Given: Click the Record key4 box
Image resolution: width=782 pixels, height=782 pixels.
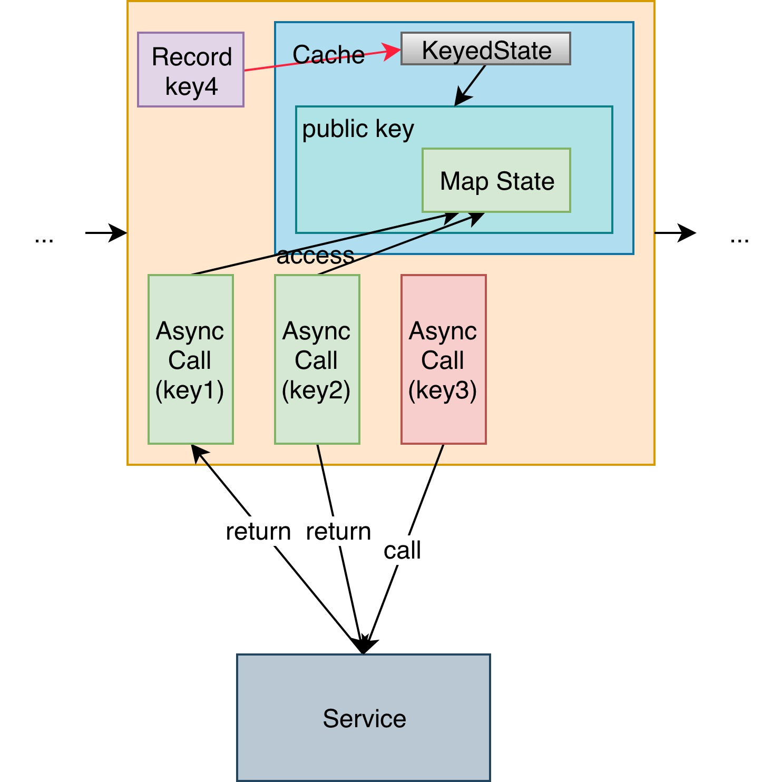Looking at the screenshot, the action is [191, 70].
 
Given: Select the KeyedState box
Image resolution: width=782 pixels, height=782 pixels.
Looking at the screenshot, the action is [486, 48].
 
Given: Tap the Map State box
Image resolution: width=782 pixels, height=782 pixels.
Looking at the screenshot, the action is [496, 180].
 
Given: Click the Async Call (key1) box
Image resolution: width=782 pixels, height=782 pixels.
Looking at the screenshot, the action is [191, 359].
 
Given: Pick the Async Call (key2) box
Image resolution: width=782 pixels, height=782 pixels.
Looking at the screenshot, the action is [317, 359].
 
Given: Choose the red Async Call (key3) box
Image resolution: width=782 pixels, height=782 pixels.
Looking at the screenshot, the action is [444, 359].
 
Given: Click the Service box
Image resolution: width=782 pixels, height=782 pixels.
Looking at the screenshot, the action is [364, 718].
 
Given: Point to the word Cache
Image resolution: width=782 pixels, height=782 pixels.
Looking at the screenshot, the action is [328, 55].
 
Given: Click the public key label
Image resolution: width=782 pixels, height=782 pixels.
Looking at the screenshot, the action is [358, 129].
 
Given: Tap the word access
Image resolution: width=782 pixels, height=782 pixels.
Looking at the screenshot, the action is [315, 256].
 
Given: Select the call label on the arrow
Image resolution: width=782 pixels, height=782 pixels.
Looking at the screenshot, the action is [402, 551].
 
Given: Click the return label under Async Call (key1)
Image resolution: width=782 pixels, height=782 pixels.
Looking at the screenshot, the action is [258, 532].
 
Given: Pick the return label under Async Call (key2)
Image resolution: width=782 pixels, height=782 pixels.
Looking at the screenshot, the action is [338, 532].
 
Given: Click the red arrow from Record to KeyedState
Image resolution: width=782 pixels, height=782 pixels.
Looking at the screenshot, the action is [322, 60].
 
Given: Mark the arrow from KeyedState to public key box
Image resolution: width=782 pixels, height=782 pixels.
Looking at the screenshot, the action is [470, 85].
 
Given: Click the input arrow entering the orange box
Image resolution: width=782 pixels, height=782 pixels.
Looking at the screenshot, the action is [106, 232].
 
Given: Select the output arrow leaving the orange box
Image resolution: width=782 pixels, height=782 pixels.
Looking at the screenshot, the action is [676, 232].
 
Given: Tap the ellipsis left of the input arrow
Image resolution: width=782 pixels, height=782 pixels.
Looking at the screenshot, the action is [44, 240].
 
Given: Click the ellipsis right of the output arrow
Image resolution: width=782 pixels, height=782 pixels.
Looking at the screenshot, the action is [740, 240].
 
